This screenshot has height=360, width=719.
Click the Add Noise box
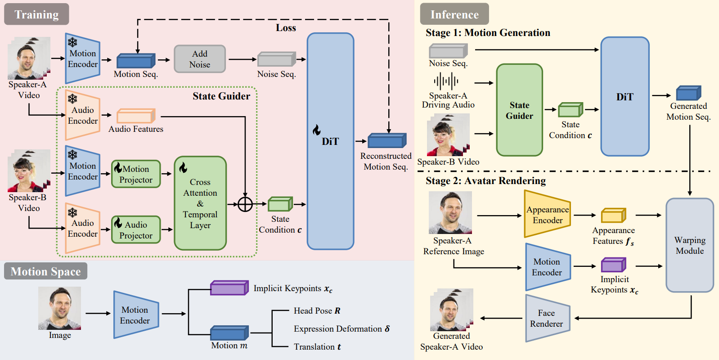pyautogui.click(x=200, y=59)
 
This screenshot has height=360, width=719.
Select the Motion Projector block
pyautogui.click(x=136, y=174)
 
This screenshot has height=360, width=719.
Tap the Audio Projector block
pyautogui.click(x=136, y=229)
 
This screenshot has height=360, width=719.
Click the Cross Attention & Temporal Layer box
pyautogui.click(x=200, y=203)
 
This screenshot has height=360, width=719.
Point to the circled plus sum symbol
pyautogui.click(x=245, y=204)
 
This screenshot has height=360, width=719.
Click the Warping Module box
pyautogui.click(x=690, y=245)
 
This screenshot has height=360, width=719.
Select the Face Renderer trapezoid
pyautogui.click(x=548, y=318)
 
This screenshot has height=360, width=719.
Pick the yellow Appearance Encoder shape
pyautogui.click(x=548, y=215)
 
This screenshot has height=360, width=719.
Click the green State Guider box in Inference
pyautogui.click(x=519, y=110)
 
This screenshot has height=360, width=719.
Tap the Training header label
pyautogui.click(x=36, y=14)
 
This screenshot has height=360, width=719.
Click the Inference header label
pyautogui.click(x=454, y=14)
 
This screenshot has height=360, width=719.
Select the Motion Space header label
pyautogui.click(x=45, y=271)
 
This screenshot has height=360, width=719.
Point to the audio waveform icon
pyautogui.click(x=446, y=81)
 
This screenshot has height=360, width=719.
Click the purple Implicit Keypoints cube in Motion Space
pyautogui.click(x=229, y=288)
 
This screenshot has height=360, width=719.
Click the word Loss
pyautogui.click(x=286, y=28)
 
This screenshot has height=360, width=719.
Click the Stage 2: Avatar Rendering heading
pyautogui.click(x=485, y=181)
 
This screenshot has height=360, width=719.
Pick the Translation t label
pyautogui.click(x=317, y=347)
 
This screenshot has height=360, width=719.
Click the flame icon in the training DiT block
pyautogui.click(x=317, y=130)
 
